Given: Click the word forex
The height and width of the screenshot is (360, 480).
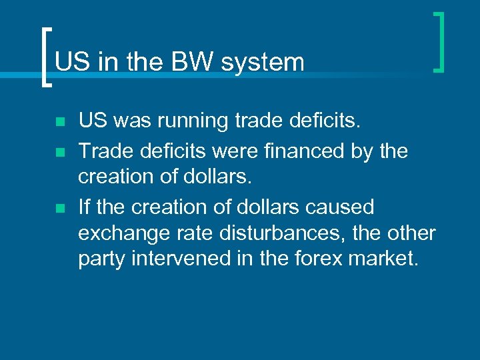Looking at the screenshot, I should coord(316,258).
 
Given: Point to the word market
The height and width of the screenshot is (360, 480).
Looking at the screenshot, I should coord(385,258).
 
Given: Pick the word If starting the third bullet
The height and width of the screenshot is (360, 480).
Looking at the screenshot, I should coord(84,207).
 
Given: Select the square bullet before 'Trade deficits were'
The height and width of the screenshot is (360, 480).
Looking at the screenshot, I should coord(60,152).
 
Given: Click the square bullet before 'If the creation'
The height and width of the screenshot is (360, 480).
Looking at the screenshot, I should coord(60,208).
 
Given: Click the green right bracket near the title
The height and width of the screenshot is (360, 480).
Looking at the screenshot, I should coord(439,41).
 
